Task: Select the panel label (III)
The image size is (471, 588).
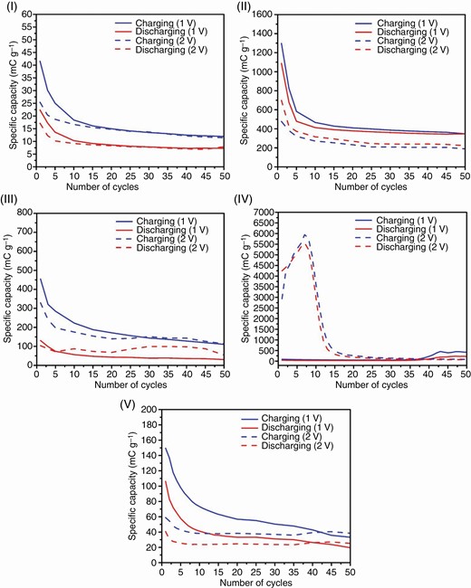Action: tap(12, 204)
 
